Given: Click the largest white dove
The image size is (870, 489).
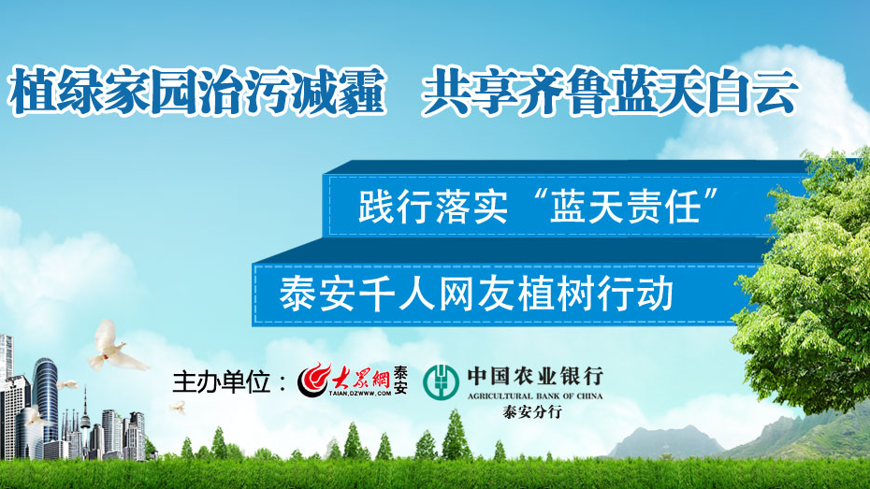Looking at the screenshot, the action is click(115, 348).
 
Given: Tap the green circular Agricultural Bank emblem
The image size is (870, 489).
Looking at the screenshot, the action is click(442, 382).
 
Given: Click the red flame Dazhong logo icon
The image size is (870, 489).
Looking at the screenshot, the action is click(313, 381).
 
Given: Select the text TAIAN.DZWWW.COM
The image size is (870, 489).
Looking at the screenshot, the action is click(359, 393).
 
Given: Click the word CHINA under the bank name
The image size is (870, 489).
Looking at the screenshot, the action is click(589, 396).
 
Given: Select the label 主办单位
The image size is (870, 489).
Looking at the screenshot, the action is click(222, 382).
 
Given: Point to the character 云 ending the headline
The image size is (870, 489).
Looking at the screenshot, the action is click(774, 91).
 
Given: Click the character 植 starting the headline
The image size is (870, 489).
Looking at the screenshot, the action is click(32, 91).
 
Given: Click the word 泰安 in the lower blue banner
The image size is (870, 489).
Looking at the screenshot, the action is click(316, 294).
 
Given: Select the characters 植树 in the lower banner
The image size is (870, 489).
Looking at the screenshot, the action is click(556, 294).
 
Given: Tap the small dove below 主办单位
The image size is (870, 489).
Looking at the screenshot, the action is click(179, 408).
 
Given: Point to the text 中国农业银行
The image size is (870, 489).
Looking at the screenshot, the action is click(535, 377).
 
